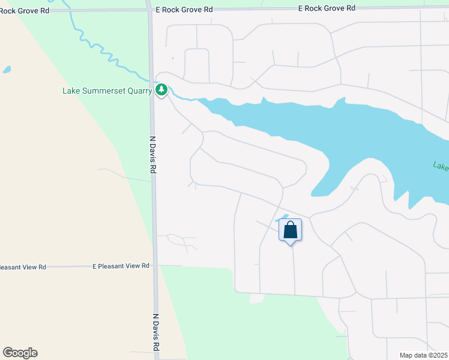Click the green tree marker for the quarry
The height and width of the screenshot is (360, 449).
pos(161,90)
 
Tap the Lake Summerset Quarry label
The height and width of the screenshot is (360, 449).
pos(107,91)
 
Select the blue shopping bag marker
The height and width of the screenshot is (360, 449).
pos(290,230)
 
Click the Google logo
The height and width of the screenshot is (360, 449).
pos(20,353)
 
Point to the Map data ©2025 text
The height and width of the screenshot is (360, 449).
pos(423,355)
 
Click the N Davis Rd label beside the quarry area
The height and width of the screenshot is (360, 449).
pos(152,155)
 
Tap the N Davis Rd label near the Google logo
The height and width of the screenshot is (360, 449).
pos(155,332)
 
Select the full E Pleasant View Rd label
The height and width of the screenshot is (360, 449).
pos(121,265)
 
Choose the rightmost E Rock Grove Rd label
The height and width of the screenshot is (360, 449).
pos(327,8)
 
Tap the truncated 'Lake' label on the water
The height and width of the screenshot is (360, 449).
pos(441,166)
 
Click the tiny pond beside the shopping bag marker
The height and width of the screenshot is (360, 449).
pos(285,217)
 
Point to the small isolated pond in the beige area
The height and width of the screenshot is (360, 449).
pos(7,70)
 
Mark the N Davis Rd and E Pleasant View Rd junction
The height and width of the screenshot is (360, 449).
pos(154,265)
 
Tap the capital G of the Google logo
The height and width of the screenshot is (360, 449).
pos(8,353)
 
